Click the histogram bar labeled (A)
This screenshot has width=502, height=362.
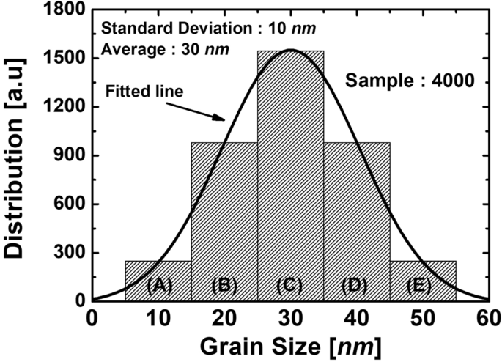point(158,281)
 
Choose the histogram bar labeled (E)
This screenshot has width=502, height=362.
point(422,281)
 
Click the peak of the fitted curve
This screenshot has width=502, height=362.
point(290,51)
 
